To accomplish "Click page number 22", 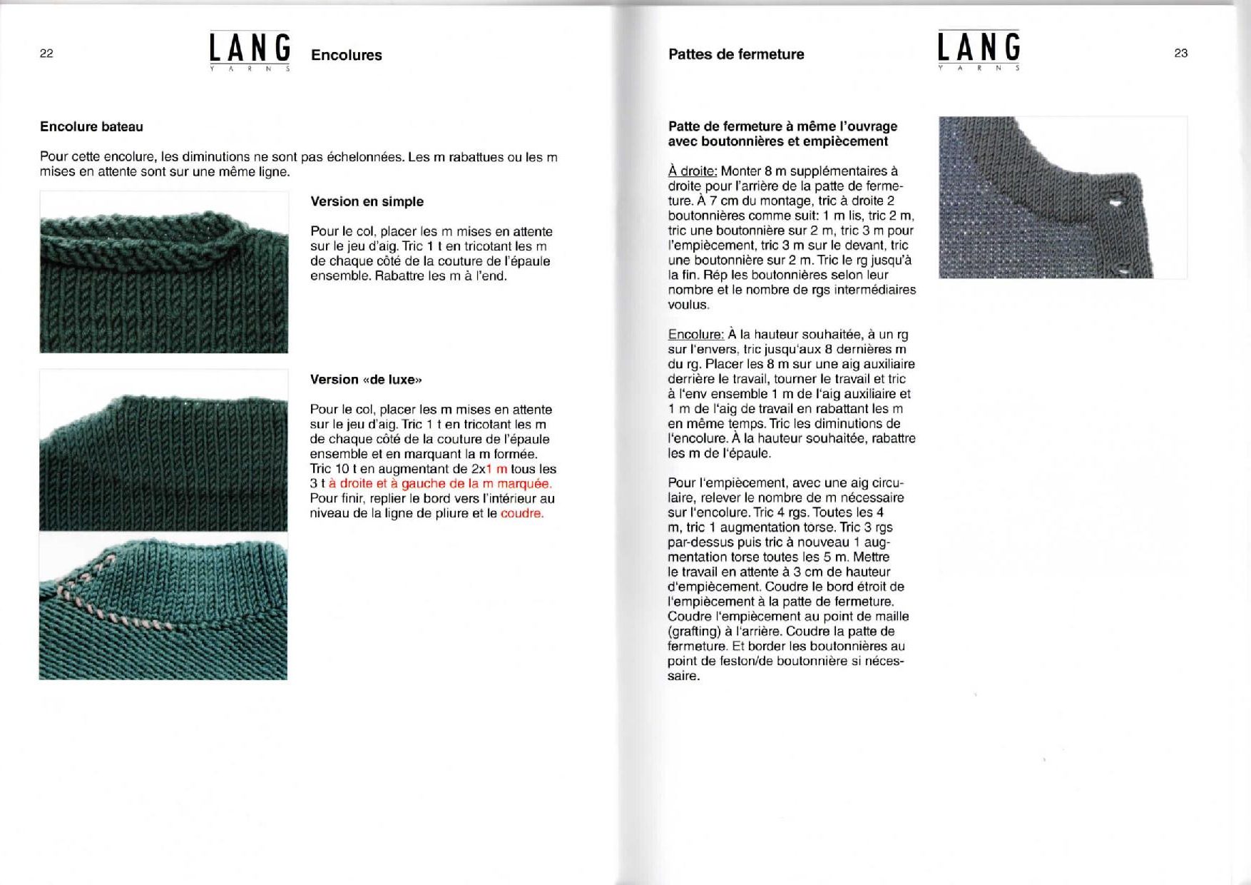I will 46,54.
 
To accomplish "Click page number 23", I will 1180,53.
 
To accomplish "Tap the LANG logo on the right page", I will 979,49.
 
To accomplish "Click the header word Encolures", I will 346,55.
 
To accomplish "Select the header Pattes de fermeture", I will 736,54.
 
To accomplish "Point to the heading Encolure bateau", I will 91,127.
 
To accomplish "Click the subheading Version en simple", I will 367,201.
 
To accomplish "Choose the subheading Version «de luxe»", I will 366,380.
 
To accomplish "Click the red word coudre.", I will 522,513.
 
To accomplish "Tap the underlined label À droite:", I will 693,171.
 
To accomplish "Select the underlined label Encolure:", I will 696,335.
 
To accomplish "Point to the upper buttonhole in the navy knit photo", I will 1115,203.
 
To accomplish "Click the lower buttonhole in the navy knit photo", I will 1125,270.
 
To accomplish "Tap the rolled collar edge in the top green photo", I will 164,236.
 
